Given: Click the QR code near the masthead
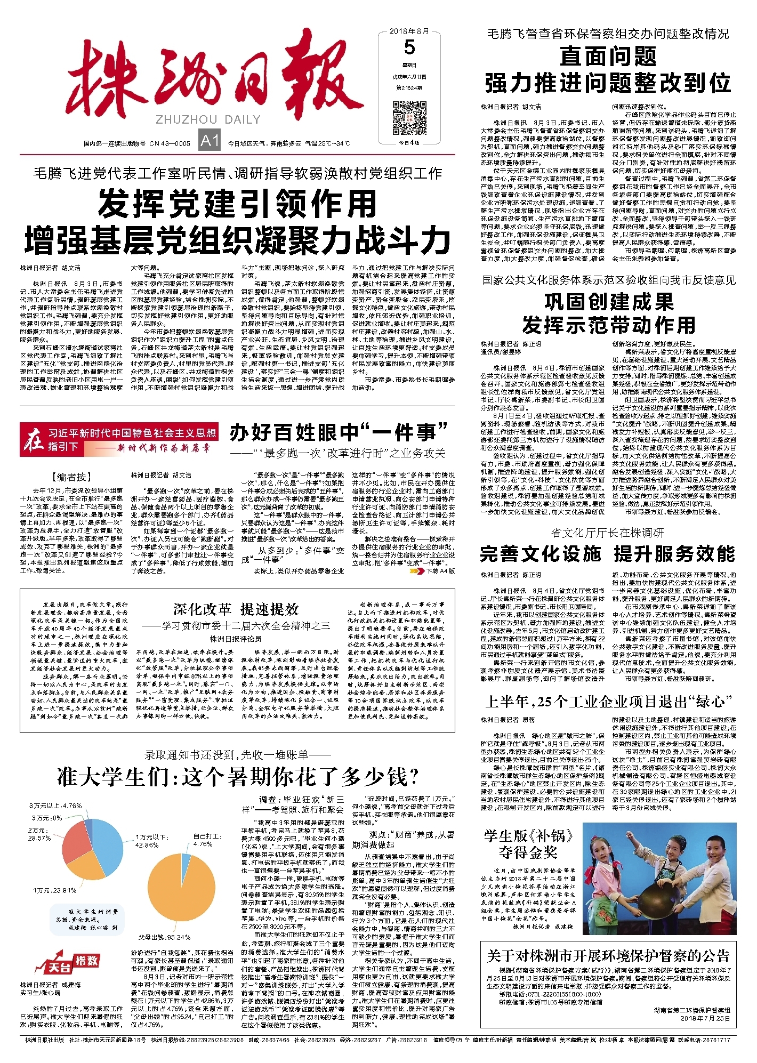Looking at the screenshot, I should point(409,119).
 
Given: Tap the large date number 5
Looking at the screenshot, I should point(409,48).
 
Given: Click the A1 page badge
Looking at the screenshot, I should point(210,141).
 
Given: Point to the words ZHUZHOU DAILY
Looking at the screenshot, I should point(208,119).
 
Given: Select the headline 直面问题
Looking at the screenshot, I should point(607,56).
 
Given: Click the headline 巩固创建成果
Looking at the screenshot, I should point(609,302).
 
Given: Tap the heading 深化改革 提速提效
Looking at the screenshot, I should point(235,609).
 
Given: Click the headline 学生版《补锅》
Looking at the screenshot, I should point(528,835).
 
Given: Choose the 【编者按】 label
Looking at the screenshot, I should point(72,477).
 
